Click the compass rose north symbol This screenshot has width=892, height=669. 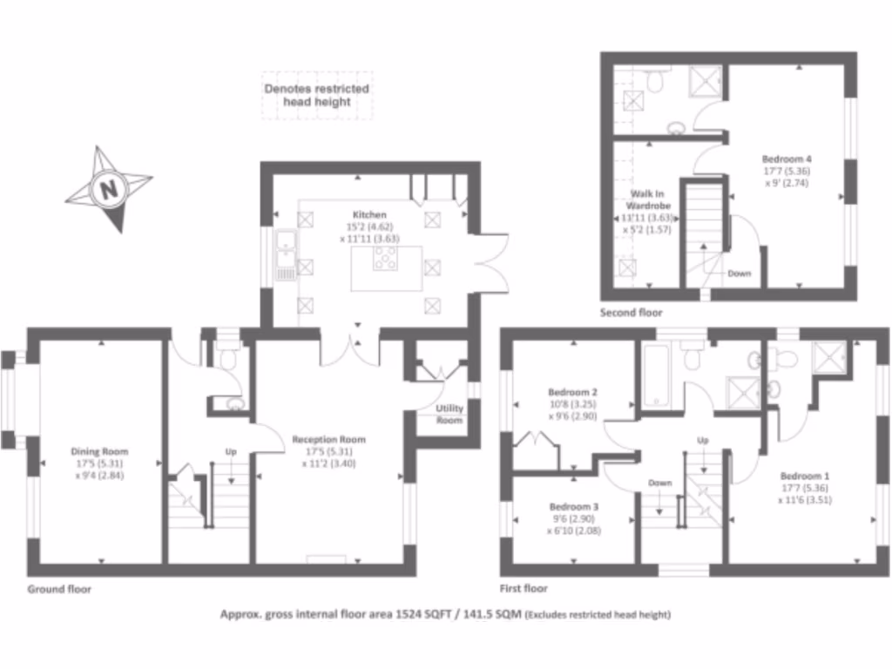108,189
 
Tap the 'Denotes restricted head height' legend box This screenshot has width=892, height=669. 317,95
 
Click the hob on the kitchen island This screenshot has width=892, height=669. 385,258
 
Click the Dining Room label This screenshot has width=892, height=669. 99,451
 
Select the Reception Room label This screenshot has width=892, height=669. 328,440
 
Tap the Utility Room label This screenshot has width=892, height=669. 449,414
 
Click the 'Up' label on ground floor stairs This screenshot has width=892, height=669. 231,452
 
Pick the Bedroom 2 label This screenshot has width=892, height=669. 571,392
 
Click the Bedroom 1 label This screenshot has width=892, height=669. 804,476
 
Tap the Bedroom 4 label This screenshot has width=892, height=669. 787,159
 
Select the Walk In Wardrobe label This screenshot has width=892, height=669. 647,201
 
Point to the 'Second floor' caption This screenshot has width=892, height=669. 631,312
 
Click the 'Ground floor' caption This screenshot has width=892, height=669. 58,589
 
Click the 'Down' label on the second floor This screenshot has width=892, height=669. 739,274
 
